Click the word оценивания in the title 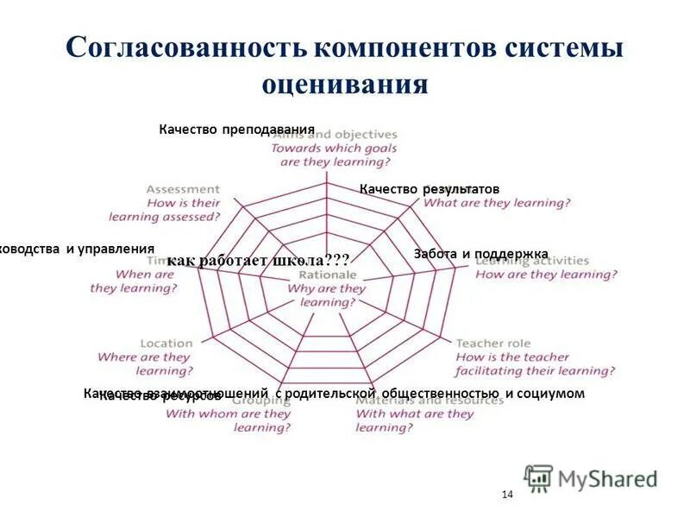pos(344,85)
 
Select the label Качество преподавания pos(236,129)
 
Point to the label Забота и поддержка pos(481,254)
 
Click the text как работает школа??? pos(259,261)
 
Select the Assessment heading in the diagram pos(182,189)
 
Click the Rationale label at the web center pos(326,275)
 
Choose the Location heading pos(166,343)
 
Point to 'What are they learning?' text pos(498,203)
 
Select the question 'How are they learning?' pos(547,275)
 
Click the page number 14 pos(506,495)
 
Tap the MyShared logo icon pos(538,478)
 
